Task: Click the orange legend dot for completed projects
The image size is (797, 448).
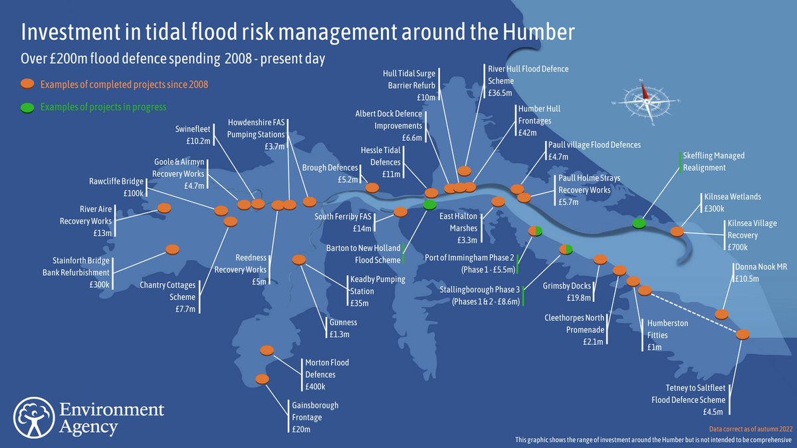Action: click(x=27, y=84)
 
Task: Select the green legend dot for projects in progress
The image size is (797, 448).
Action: click(x=27, y=107)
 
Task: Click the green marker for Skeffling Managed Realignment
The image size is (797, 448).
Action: click(x=639, y=223)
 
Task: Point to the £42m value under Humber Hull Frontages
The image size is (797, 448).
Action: click(x=527, y=132)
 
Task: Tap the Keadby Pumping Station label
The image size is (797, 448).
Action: click(x=377, y=285)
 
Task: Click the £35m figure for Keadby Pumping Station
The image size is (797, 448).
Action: click(x=359, y=303)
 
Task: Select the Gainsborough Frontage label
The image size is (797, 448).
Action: click(x=315, y=411)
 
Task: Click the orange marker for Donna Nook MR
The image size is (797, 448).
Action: click(x=721, y=313)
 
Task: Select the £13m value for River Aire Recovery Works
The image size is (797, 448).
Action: click(x=102, y=233)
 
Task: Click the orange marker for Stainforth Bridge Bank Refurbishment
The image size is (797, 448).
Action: click(x=172, y=249)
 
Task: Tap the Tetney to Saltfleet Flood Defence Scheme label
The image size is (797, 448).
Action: click(x=689, y=393)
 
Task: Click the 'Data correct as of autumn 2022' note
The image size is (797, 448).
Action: click(x=750, y=429)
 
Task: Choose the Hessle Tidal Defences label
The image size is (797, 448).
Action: click(x=381, y=156)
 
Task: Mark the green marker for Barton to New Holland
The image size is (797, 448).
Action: click(x=429, y=204)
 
